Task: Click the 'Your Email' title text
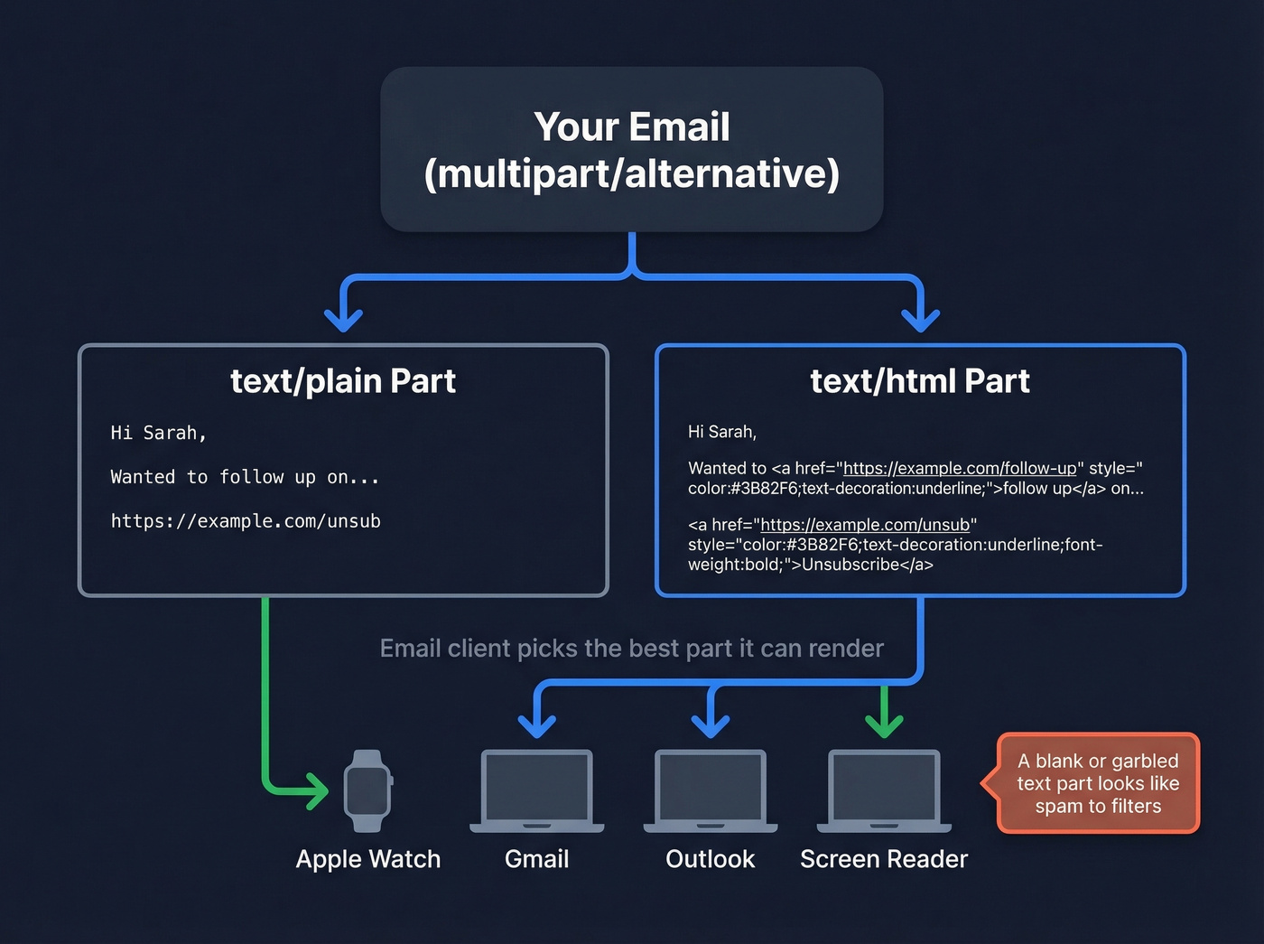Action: pos(631,127)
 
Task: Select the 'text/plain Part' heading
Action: pos(343,381)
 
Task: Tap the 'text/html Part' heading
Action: pos(919,381)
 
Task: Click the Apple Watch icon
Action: pos(367,790)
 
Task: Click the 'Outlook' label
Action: pos(710,859)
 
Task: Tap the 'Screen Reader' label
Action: pos(883,859)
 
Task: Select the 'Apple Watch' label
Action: pos(368,859)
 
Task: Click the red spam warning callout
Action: pos(1098,783)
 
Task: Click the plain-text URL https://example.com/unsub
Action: pos(246,521)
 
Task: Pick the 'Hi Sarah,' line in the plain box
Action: pos(159,433)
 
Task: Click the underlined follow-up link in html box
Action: pos(959,468)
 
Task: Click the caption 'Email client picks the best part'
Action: pos(631,649)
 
